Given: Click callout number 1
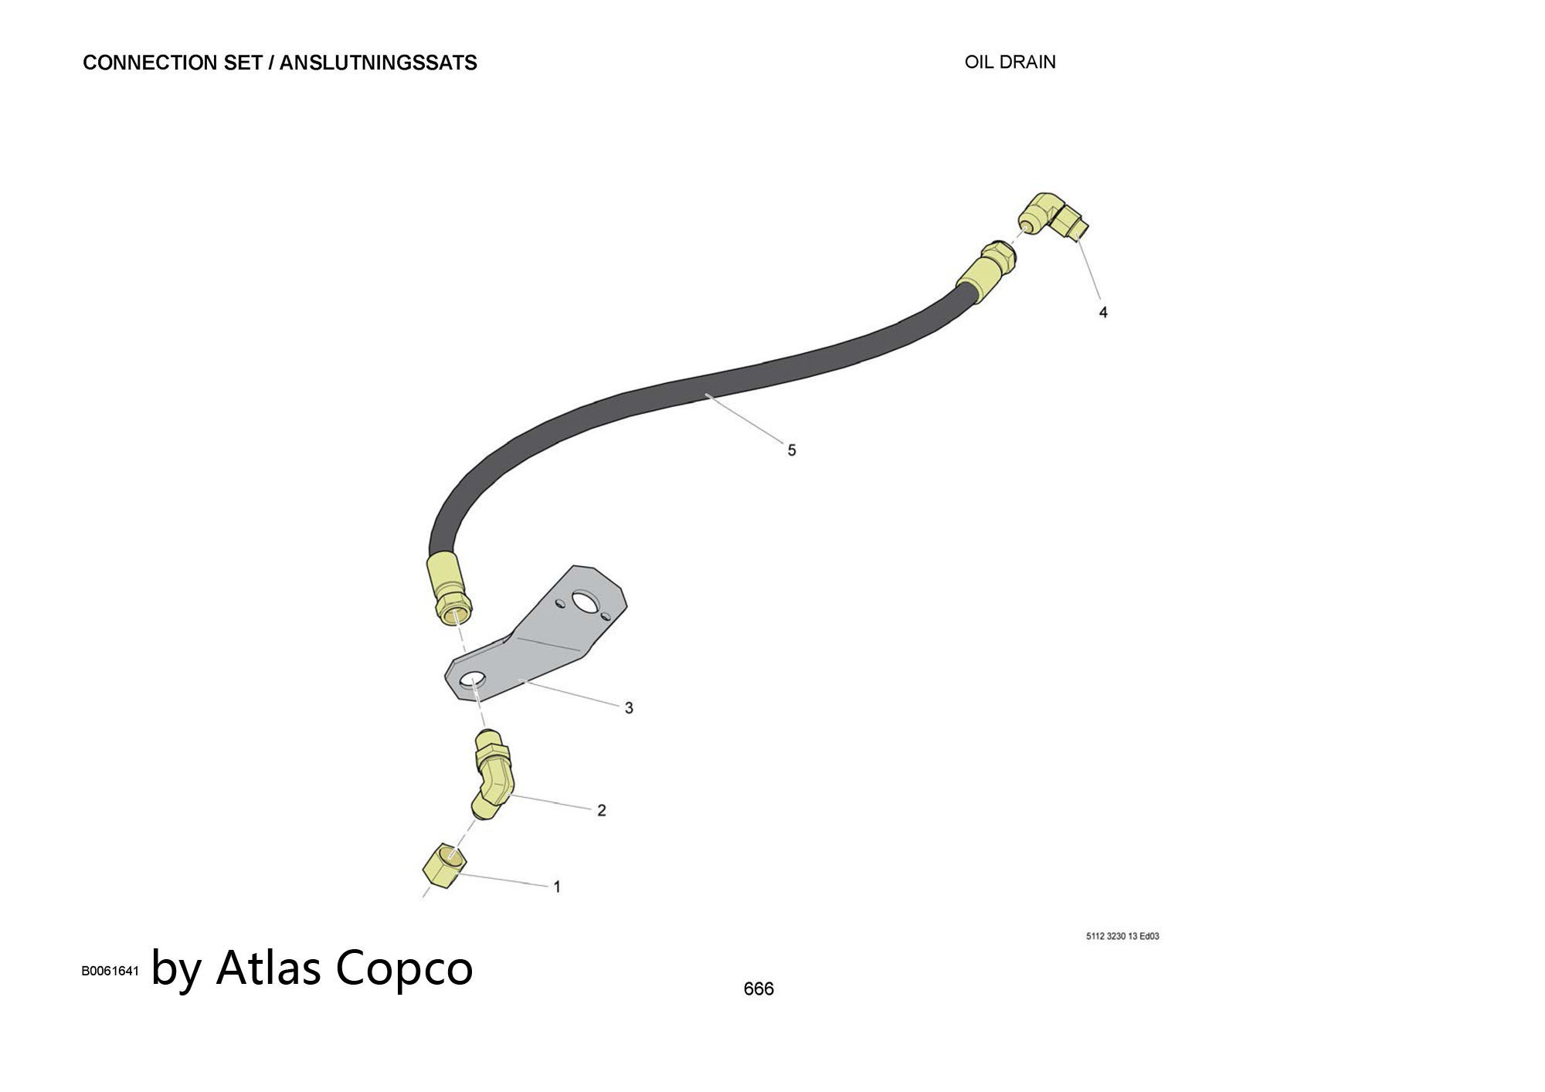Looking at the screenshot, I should pyautogui.click(x=557, y=887).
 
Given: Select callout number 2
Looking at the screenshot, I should pyautogui.click(x=601, y=810).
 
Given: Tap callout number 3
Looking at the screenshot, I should pyautogui.click(x=629, y=707).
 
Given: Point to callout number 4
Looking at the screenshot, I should pyautogui.click(x=1103, y=312).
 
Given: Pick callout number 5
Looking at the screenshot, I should pyautogui.click(x=791, y=449).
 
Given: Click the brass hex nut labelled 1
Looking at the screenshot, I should pyautogui.click(x=444, y=866).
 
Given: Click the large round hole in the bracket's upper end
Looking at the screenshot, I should pyautogui.click(x=586, y=602).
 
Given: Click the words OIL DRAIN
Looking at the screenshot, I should pyautogui.click(x=1010, y=62).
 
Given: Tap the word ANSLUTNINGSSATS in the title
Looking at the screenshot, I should pyautogui.click(x=378, y=63).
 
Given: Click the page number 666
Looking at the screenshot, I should pyautogui.click(x=758, y=989).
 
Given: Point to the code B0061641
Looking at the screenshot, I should pyautogui.click(x=110, y=971).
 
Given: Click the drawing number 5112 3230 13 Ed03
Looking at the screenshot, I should pyautogui.click(x=1122, y=936).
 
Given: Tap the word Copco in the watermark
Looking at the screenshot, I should pyautogui.click(x=403, y=967).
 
